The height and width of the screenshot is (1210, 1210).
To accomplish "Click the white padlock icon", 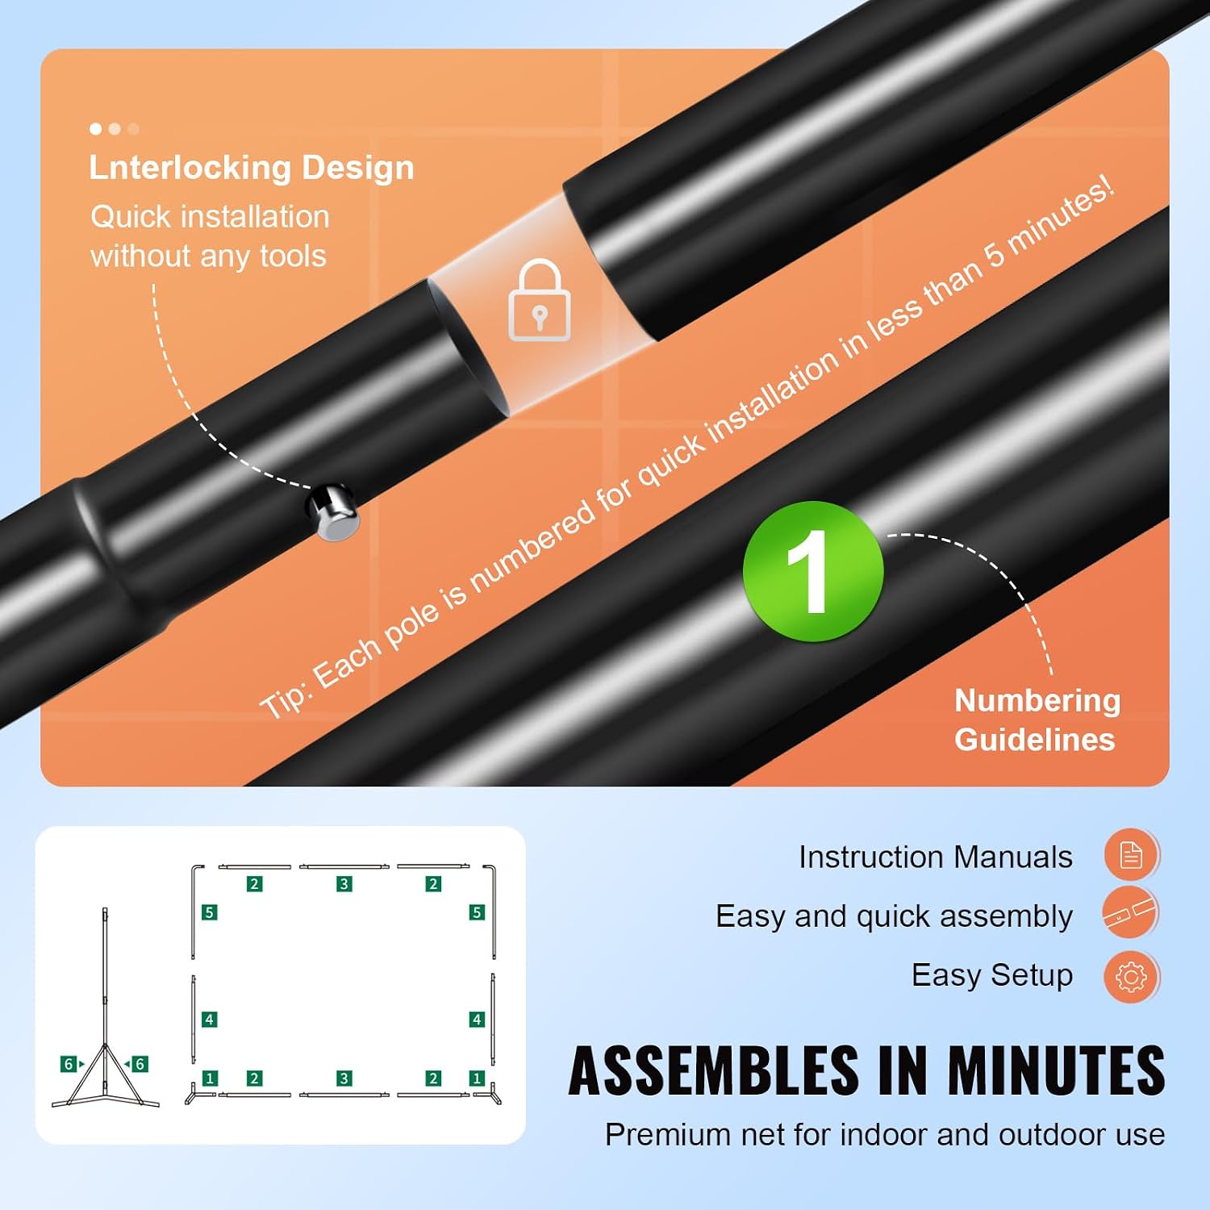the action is click(x=540, y=300).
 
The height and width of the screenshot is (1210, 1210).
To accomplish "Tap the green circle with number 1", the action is click(x=813, y=571).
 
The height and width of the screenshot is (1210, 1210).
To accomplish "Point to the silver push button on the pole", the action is click(x=333, y=511).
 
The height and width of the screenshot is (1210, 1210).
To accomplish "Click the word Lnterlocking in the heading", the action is click(x=190, y=168).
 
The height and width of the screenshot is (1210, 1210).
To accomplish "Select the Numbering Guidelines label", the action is click(x=1037, y=720).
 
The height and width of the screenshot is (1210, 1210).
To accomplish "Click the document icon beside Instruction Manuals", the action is click(x=1131, y=854).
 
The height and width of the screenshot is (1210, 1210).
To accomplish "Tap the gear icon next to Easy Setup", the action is click(x=1131, y=977).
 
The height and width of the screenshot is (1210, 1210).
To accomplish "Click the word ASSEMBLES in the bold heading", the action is click(x=714, y=1070).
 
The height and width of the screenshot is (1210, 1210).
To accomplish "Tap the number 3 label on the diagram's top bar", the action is click(x=344, y=884).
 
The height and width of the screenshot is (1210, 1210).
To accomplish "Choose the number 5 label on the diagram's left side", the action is click(x=209, y=912).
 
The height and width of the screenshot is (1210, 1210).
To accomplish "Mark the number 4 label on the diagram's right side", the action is click(x=477, y=1020).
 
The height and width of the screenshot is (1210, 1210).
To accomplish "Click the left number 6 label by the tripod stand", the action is click(x=69, y=1064).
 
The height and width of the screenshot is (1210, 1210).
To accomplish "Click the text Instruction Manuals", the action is click(x=936, y=857).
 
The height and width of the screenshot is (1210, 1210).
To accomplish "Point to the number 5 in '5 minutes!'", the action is click(x=994, y=253).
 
